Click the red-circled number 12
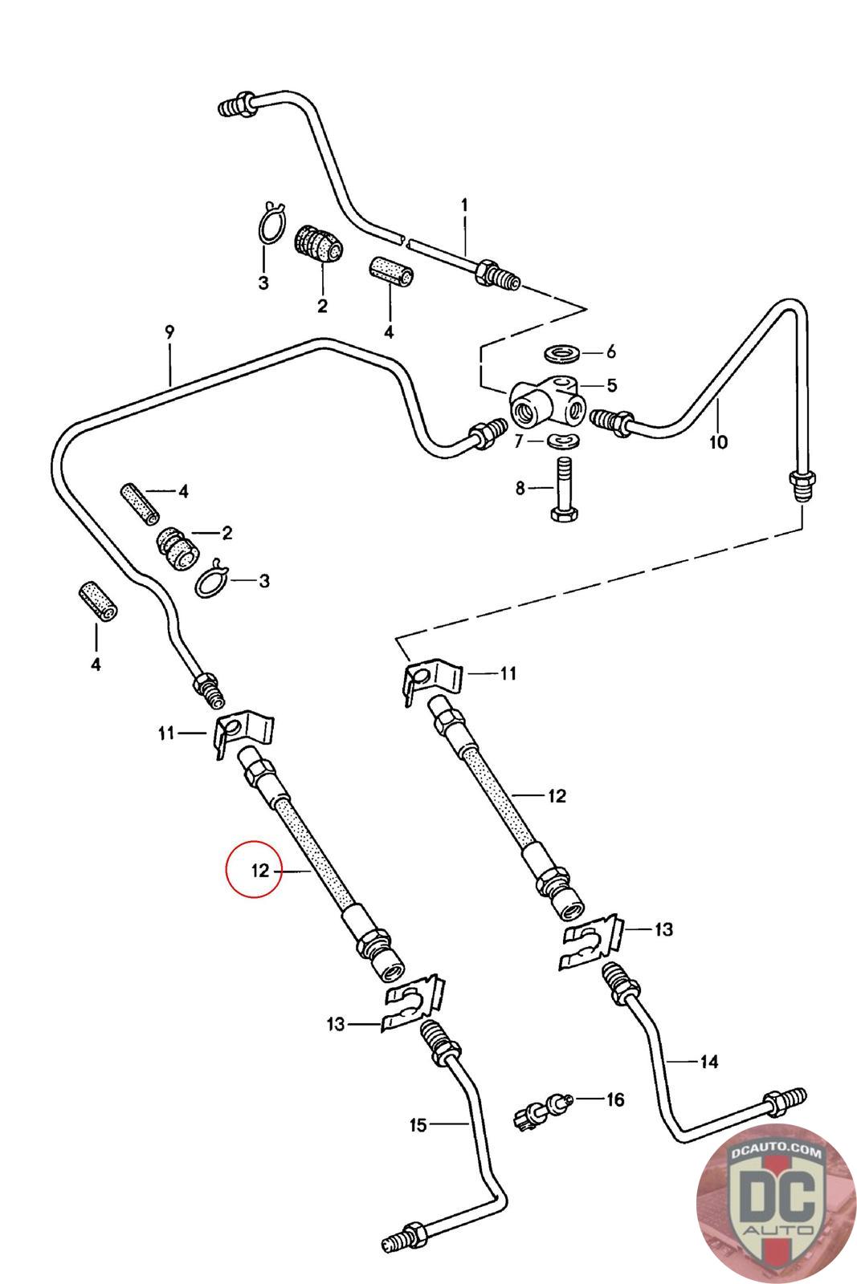[x=259, y=870]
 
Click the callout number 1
[x=463, y=205]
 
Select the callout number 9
[x=169, y=331]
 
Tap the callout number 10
[x=717, y=441]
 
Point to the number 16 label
[x=614, y=1099]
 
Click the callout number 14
[x=708, y=1062]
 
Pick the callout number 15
[x=418, y=1125]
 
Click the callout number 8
[x=520, y=487]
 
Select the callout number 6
[x=610, y=351]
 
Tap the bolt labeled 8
[x=562, y=492]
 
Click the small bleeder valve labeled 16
[x=540, y=1109]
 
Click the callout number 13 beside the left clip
[x=336, y=1024]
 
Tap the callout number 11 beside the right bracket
[x=508, y=672]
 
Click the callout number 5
[x=611, y=386]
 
